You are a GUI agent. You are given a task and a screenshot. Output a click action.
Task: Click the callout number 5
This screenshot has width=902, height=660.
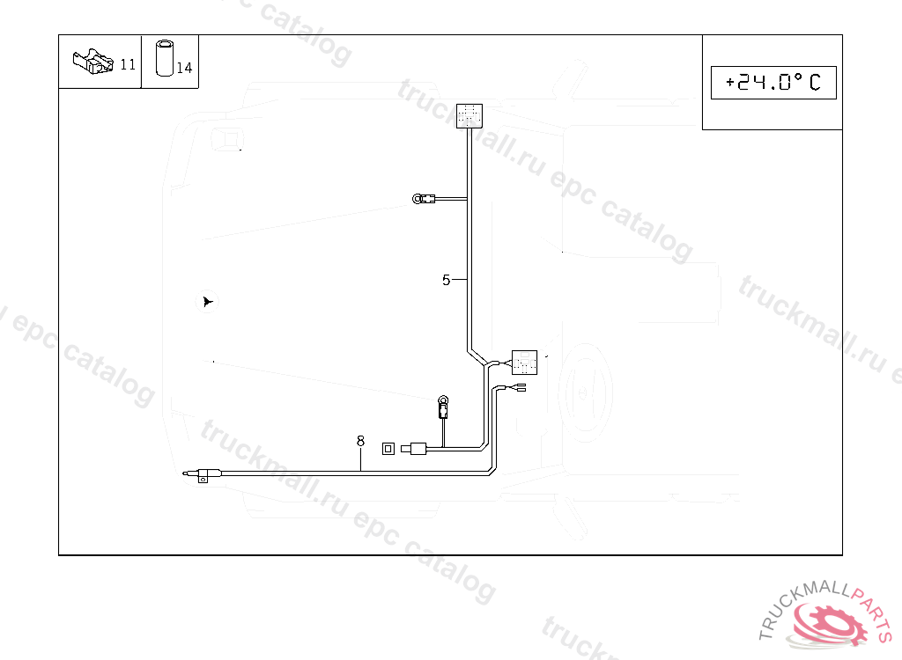click(x=447, y=281)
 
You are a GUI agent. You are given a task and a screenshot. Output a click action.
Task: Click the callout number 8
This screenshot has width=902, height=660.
click(x=360, y=440)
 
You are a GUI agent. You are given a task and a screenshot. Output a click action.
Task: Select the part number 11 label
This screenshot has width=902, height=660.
click(x=128, y=64)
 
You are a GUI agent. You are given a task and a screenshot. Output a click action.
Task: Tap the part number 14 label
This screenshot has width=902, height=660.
click(x=184, y=68)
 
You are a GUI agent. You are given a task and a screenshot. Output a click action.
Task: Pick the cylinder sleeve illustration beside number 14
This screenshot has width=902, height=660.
click(x=165, y=58)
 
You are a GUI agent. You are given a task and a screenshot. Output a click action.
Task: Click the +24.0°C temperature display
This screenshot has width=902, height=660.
click(x=773, y=83)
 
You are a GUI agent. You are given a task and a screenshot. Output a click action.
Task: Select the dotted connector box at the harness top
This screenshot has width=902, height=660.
click(x=469, y=115)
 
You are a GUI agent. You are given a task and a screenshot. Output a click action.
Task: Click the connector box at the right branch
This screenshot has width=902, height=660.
click(x=524, y=362)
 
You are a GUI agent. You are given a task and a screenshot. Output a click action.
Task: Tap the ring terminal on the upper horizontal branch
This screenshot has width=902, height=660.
click(x=418, y=199)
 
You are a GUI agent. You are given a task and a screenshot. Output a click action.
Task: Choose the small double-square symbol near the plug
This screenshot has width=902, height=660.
click(x=388, y=449)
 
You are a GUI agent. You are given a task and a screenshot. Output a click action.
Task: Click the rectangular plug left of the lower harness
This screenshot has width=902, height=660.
click(x=415, y=450)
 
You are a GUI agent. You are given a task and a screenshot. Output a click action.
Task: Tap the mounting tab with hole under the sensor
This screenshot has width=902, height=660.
click(x=203, y=480)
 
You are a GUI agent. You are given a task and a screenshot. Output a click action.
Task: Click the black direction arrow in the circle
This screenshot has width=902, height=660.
click(x=207, y=302)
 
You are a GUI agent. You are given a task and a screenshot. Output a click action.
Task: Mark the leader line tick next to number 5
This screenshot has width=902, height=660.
click(x=459, y=280)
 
